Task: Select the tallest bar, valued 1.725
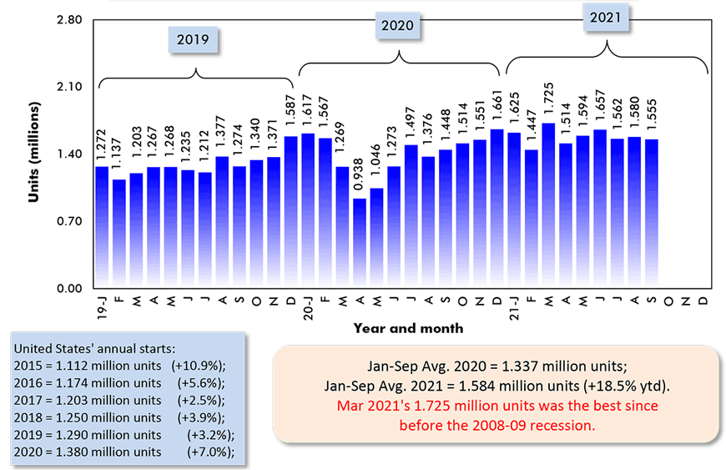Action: pyautogui.click(x=548, y=205)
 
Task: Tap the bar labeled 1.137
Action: pyautogui.click(x=119, y=234)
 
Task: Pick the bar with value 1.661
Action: pyautogui.click(x=497, y=209)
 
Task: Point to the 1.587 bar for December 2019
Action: pyautogui.click(x=291, y=212)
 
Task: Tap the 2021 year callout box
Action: pyautogui.click(x=605, y=17)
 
